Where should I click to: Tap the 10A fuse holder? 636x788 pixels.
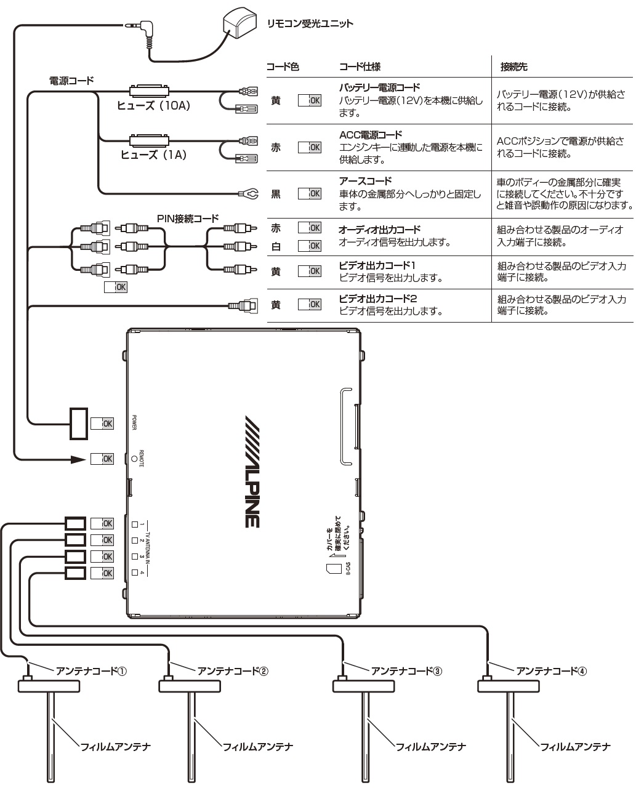(x=149, y=90)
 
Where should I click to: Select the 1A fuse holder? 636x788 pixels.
(x=149, y=140)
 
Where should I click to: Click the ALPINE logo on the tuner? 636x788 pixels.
(x=252, y=472)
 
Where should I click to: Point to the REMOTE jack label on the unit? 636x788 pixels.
(x=141, y=459)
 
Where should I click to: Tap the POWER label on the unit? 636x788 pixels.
(x=134, y=422)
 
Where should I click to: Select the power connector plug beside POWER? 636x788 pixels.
(x=79, y=424)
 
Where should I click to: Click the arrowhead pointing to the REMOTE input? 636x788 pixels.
(x=78, y=459)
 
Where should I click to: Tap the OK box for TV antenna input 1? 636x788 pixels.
(x=102, y=523)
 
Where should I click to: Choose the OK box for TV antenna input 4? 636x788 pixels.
(x=102, y=573)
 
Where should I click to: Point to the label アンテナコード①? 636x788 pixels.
(x=91, y=671)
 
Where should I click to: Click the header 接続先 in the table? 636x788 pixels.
(x=513, y=66)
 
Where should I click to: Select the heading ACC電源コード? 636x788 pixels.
(x=371, y=135)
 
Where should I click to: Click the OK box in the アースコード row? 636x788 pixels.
(x=310, y=193)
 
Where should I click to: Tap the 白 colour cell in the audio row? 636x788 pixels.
(x=276, y=246)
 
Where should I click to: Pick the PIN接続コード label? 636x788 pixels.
(x=188, y=219)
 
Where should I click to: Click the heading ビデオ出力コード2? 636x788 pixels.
(x=378, y=299)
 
